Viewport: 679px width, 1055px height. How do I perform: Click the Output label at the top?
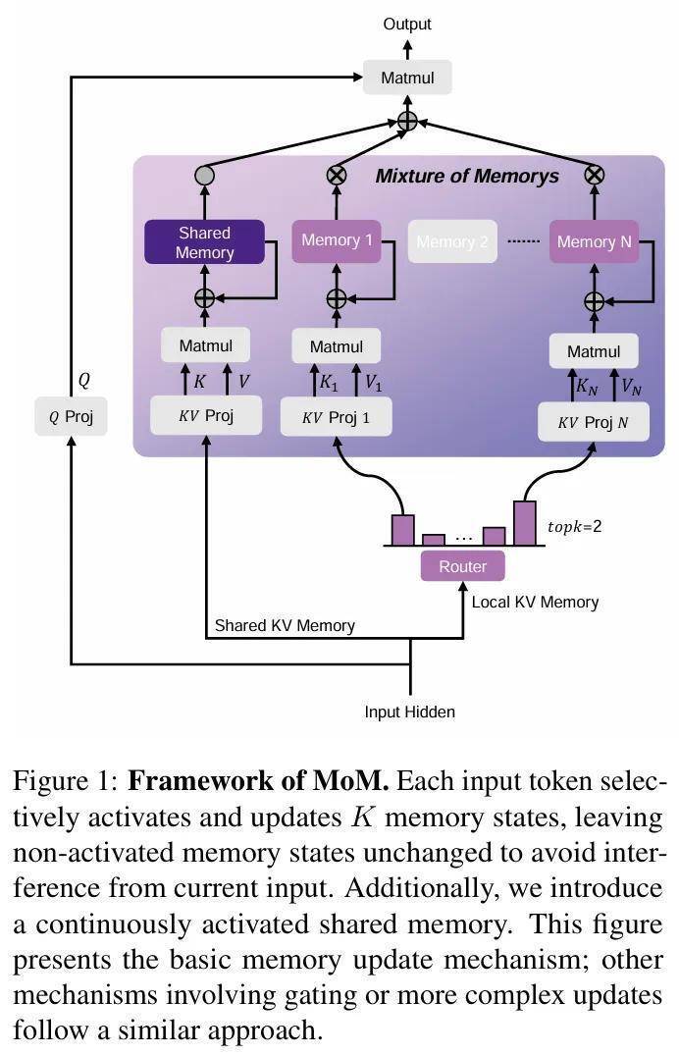(x=407, y=24)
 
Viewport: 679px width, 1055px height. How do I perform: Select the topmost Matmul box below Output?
(x=407, y=78)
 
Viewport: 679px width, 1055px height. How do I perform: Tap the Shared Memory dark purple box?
(x=204, y=242)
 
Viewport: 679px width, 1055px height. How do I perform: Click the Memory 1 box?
(x=337, y=241)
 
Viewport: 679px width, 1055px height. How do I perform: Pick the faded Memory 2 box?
(x=452, y=242)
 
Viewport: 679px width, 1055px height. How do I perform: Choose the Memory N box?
(x=594, y=241)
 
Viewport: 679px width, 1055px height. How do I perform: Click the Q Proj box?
(x=71, y=416)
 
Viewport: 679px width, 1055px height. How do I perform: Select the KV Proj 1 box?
(x=336, y=416)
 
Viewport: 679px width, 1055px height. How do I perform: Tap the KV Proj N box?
(x=593, y=422)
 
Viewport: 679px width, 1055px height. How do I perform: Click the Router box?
(x=462, y=566)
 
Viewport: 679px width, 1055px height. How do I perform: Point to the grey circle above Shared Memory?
(x=204, y=176)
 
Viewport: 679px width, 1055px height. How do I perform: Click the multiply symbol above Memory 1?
(x=337, y=176)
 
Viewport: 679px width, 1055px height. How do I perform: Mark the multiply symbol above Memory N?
(x=594, y=176)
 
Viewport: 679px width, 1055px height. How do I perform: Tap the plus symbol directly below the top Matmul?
(x=407, y=121)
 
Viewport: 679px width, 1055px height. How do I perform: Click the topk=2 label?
(x=574, y=526)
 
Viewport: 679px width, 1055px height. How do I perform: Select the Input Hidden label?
(x=409, y=712)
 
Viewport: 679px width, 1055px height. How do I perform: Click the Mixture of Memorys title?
(x=467, y=177)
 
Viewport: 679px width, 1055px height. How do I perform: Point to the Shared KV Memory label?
(x=285, y=625)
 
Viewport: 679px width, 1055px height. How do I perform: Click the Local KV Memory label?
(x=535, y=602)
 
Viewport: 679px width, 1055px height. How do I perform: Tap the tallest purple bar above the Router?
(x=525, y=523)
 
